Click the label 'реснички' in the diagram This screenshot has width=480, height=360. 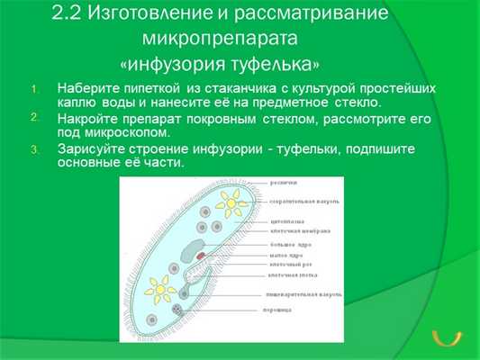coord(283,183)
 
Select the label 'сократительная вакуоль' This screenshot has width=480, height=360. coord(298,201)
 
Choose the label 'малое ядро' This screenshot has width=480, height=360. coord(284,255)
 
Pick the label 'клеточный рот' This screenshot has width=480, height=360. coord(287,265)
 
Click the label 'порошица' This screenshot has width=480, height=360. coord(283,310)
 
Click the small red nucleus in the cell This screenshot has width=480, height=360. coord(199,256)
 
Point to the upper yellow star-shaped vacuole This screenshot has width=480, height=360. coord(231,204)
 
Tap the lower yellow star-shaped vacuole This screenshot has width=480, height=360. coord(161,289)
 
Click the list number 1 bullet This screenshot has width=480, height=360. coord(35,88)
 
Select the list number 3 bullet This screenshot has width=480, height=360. coord(35,148)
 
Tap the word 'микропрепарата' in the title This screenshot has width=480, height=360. coord(220,40)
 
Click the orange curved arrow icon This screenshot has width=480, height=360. coord(447,338)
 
